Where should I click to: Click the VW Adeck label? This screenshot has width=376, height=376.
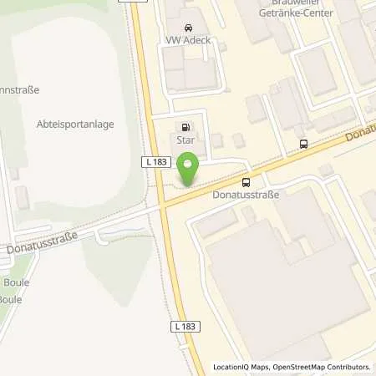(x=189, y=39)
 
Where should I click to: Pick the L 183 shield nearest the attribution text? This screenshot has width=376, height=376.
(x=188, y=324)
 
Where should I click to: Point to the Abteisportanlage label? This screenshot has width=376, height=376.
(x=75, y=124)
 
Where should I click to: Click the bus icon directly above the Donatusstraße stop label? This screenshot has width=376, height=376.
(x=246, y=182)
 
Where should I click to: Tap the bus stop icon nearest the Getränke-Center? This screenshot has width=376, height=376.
(x=302, y=143)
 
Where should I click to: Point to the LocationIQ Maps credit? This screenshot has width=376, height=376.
(x=242, y=367)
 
